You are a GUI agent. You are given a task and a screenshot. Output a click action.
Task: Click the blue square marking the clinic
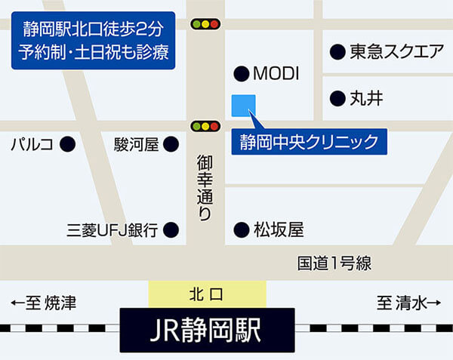click(x=244, y=106)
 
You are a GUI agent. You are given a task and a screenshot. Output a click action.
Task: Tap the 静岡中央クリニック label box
click(x=308, y=141)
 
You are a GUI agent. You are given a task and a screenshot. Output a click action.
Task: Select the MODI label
click(x=276, y=74)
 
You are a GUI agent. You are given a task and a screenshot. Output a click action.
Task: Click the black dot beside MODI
click(x=241, y=74)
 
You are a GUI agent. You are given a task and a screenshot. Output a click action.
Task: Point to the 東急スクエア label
click(x=396, y=52)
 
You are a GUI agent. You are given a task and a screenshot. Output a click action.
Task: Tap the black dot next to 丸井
click(x=337, y=98)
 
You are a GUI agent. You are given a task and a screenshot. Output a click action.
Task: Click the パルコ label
click(x=31, y=143)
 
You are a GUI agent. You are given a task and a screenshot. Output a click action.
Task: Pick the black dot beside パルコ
click(x=67, y=143)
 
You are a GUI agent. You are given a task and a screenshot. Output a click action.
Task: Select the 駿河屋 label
click(x=137, y=143)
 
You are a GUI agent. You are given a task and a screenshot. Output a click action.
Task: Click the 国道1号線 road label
click(x=334, y=263)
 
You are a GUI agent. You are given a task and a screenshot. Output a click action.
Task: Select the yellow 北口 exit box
click(x=208, y=291)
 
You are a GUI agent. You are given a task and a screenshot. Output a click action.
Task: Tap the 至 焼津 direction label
click(x=43, y=303)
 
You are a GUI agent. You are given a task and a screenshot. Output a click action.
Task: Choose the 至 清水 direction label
click(x=408, y=303)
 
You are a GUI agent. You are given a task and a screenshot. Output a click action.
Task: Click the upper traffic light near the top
click(x=205, y=24)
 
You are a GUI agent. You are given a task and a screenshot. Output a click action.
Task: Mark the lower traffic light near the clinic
click(x=205, y=126)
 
